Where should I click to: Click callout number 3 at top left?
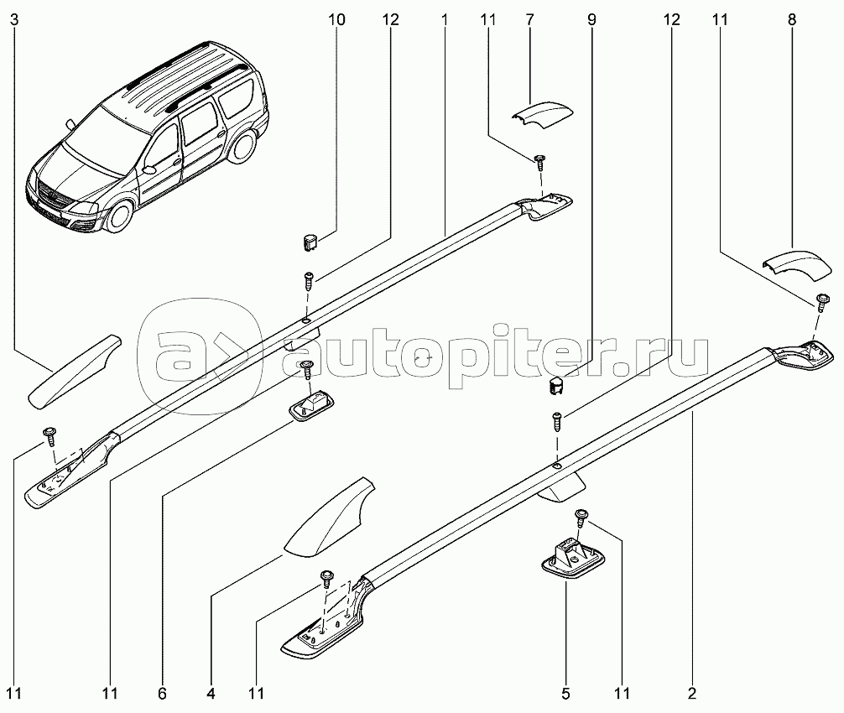[14, 20]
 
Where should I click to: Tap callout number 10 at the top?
[336, 20]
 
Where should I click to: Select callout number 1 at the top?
[445, 20]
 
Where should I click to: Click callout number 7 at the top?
[529, 20]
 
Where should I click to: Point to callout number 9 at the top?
[591, 20]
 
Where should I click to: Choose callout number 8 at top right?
[792, 20]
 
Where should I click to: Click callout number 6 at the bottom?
[162, 694]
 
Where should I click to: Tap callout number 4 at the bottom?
[211, 694]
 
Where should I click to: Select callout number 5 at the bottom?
[565, 694]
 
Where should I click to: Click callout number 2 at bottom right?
[692, 694]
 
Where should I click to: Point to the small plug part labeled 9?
[555, 386]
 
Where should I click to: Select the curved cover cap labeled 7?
[542, 115]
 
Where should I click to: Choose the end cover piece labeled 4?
[330, 517]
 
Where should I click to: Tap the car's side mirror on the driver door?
[148, 169]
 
